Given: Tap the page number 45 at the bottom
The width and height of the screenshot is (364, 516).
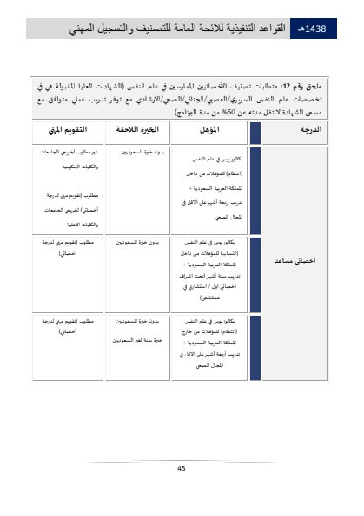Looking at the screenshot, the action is coord(182,468).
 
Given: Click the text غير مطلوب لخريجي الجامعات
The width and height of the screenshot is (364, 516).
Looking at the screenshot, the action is coord(63,152).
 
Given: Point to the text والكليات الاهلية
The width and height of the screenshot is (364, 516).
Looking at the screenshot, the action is coord(61,225).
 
